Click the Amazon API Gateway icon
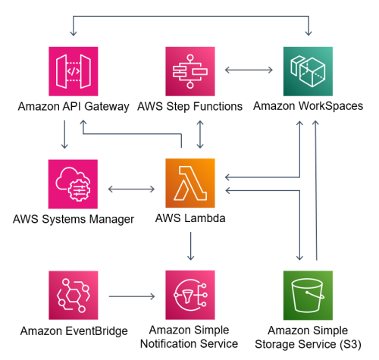click(73, 71)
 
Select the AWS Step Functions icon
click(190, 71)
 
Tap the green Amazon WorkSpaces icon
click(308, 71)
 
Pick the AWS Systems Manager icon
click(73, 184)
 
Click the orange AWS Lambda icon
click(190, 184)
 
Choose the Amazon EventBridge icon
click(73, 296)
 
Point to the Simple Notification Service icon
click(190, 296)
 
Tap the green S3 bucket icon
click(308, 296)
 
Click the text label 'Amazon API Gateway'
click(73, 107)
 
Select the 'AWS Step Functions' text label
click(190, 107)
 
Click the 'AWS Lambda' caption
click(190, 219)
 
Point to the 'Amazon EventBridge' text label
click(73, 331)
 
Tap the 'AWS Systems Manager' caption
click(73, 219)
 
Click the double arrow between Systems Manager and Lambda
click(132, 189)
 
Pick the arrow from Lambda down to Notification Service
click(190, 247)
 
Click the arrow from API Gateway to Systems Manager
click(67, 134)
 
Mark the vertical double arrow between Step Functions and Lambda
click(199, 134)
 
